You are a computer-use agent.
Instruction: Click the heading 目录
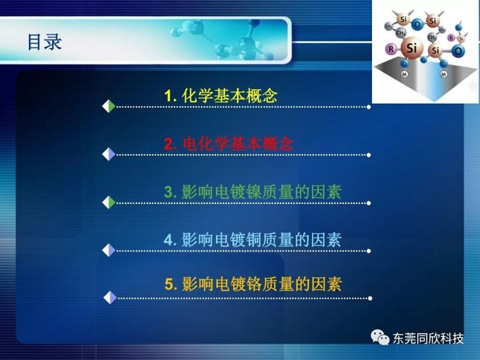point(44,41)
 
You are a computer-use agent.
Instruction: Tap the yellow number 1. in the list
point(170,96)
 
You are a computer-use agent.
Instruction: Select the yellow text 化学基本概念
point(230,95)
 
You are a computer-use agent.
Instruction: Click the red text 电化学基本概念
point(238,143)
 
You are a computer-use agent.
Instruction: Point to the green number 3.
point(170,192)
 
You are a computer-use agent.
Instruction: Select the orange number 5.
point(171,284)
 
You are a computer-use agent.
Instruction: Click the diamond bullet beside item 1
point(109,107)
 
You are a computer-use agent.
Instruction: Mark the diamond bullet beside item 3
point(109,203)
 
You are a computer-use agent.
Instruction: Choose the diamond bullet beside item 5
point(110,298)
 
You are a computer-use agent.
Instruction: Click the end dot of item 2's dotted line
point(368,155)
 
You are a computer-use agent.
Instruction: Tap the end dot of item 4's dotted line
point(368,251)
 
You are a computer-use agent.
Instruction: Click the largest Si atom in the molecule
point(412,48)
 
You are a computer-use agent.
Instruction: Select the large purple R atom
point(391,49)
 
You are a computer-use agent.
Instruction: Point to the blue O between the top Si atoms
point(417,24)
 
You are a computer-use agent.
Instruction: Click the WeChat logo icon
point(380,337)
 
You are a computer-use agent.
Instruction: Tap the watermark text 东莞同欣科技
point(428,338)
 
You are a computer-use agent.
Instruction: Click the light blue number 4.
point(170,240)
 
